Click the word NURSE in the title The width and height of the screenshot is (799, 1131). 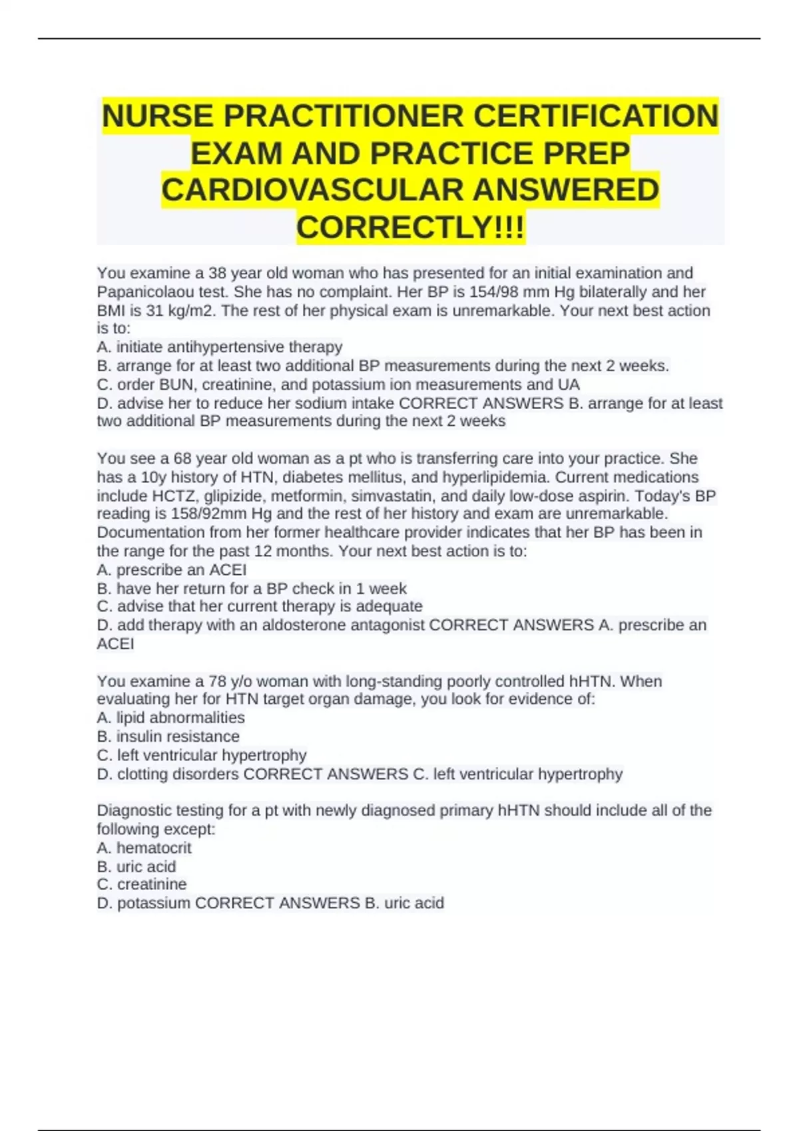(x=158, y=116)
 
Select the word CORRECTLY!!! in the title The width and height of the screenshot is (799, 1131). (x=410, y=228)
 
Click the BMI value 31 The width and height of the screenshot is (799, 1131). (x=155, y=311)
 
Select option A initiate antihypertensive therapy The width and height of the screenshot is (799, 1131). (x=220, y=347)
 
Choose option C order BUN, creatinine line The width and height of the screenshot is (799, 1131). (x=338, y=385)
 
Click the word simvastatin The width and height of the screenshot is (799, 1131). (x=384, y=496)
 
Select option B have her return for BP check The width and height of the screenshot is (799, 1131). (x=252, y=589)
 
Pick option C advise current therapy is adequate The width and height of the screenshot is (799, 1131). (x=260, y=607)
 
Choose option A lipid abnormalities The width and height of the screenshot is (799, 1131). (x=171, y=718)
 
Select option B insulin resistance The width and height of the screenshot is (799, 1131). (x=168, y=736)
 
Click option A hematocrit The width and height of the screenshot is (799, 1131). (x=144, y=848)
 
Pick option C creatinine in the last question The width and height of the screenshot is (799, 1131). (x=142, y=884)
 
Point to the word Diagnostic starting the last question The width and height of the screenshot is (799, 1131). (x=131, y=810)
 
